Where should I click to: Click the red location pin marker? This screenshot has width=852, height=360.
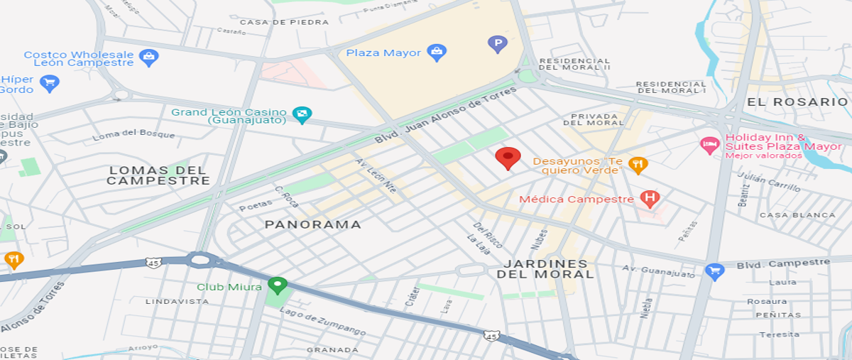pos(507,158)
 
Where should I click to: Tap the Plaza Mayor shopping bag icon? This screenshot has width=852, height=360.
pos(437,52)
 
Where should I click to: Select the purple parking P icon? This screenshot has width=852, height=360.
pos(498,45)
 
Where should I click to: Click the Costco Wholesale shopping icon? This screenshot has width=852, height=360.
pos(148,58)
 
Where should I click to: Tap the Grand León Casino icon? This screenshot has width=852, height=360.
pos(302,114)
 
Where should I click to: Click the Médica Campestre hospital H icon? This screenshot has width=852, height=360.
pos(649,199)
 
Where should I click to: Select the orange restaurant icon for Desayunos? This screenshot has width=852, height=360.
pos(638,165)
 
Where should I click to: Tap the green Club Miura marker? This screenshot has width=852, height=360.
pos(277,286)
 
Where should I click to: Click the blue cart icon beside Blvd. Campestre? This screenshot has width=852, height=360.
pos(714,271)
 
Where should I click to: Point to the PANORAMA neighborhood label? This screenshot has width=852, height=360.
pos(313,224)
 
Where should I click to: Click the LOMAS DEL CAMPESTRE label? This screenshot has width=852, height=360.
pos(158,175)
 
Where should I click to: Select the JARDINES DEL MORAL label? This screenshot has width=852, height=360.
pos(542,269)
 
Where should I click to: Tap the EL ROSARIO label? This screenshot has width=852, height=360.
pos(797,102)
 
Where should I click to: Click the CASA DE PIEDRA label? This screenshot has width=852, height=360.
pos(284,22)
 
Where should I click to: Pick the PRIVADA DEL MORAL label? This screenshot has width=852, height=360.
pos(598,119)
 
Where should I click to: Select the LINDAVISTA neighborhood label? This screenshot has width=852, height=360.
pos(177,301)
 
